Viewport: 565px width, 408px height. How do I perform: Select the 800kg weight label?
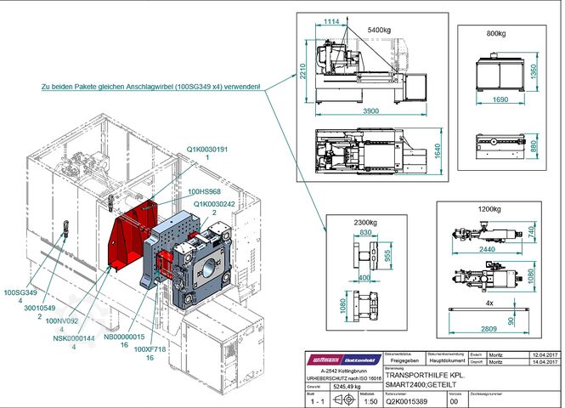[496, 34]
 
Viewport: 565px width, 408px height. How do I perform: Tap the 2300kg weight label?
[365, 223]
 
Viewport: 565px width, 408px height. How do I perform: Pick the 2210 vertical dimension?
[302, 73]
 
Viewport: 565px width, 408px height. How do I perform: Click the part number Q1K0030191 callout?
[208, 149]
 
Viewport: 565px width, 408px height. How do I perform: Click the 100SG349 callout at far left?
[20, 292]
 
